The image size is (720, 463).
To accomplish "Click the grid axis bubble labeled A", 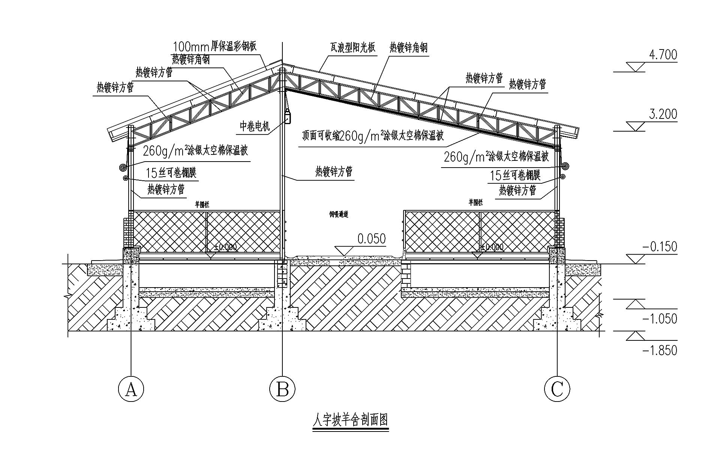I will click(x=131, y=389).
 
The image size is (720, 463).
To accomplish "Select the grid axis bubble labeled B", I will click(x=282, y=389).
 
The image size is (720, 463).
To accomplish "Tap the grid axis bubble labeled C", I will click(x=557, y=389).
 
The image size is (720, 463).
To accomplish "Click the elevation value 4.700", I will click(x=663, y=55).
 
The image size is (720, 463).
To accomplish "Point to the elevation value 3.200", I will click(x=663, y=114).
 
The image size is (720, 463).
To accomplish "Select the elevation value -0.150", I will click(x=660, y=247).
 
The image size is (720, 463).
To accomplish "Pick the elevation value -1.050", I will click(x=660, y=319).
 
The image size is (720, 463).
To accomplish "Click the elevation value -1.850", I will click(x=660, y=351).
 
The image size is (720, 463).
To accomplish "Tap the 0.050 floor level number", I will click(x=371, y=239).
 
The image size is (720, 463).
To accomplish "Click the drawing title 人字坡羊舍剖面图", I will click(x=350, y=420).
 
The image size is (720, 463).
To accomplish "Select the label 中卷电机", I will click(x=255, y=127).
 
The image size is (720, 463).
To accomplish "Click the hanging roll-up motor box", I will click(x=288, y=117).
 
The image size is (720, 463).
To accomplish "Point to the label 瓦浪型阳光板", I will click(x=352, y=48).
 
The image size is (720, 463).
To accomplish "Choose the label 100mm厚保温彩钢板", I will click(x=215, y=46).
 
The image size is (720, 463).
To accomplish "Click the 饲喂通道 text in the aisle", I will click(x=339, y=215).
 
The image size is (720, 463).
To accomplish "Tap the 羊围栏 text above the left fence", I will click(x=202, y=205).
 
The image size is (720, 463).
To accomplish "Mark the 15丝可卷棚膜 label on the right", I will click(x=515, y=175).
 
